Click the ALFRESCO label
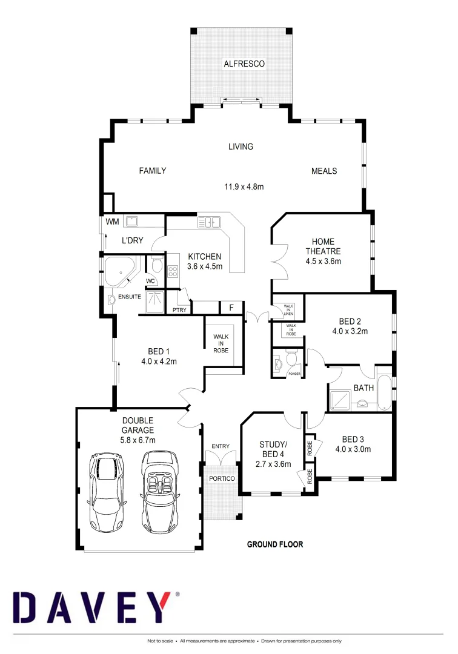click(x=244, y=64)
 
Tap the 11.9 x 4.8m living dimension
click(x=244, y=187)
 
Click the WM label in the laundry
click(x=112, y=222)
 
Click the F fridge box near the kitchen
click(x=231, y=308)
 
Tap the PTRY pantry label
click(x=179, y=310)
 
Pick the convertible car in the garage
click(x=159, y=492)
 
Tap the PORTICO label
click(x=221, y=478)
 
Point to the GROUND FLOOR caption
click(x=274, y=544)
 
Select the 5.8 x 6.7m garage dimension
click(x=138, y=440)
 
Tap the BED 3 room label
click(x=353, y=439)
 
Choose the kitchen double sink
click(x=208, y=223)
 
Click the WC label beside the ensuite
click(x=150, y=281)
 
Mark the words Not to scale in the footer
click(x=161, y=641)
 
